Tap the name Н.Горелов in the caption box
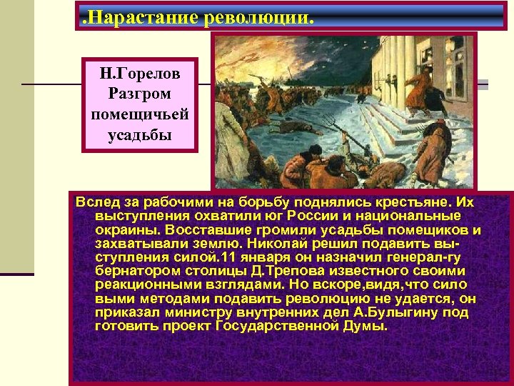point(140,74)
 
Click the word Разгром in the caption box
point(140,94)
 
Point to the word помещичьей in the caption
point(140,114)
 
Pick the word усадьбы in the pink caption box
point(140,134)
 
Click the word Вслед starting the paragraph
point(95,203)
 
